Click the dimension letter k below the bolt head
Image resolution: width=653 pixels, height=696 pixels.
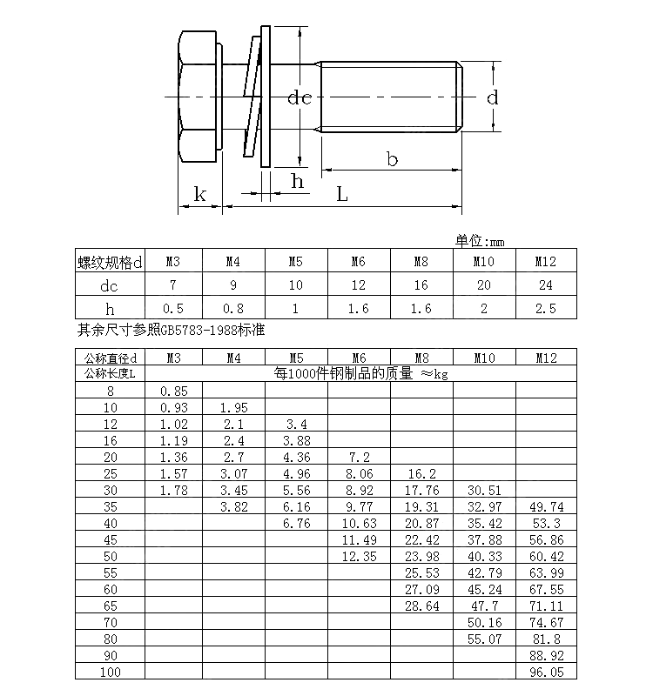coord(199,194)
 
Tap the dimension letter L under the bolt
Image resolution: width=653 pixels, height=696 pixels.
coord(342,195)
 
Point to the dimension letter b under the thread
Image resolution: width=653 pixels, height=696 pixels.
coord(392,158)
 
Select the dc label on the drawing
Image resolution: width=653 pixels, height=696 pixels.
coord(300,97)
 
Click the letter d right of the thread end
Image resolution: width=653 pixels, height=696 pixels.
coord(493,97)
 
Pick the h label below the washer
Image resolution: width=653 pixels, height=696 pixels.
coord(297,181)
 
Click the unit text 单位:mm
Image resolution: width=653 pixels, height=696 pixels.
coord(480,241)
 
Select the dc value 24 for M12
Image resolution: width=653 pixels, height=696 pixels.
coord(545,285)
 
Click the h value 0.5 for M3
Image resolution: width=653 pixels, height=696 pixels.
coord(174,308)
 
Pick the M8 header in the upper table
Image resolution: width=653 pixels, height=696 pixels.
coord(421,262)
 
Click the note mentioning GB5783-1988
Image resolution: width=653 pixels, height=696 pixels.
coord(171,331)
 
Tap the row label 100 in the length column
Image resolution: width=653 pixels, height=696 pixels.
coord(110,673)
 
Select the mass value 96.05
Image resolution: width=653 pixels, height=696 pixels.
coord(546,673)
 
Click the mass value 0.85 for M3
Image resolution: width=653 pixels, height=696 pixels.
coord(174,391)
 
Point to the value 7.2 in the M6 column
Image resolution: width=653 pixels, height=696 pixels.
coord(359,457)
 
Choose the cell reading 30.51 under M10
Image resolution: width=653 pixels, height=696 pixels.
coord(484,490)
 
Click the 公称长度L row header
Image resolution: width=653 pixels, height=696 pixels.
coord(110,374)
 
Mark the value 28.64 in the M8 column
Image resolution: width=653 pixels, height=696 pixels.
coord(421,606)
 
